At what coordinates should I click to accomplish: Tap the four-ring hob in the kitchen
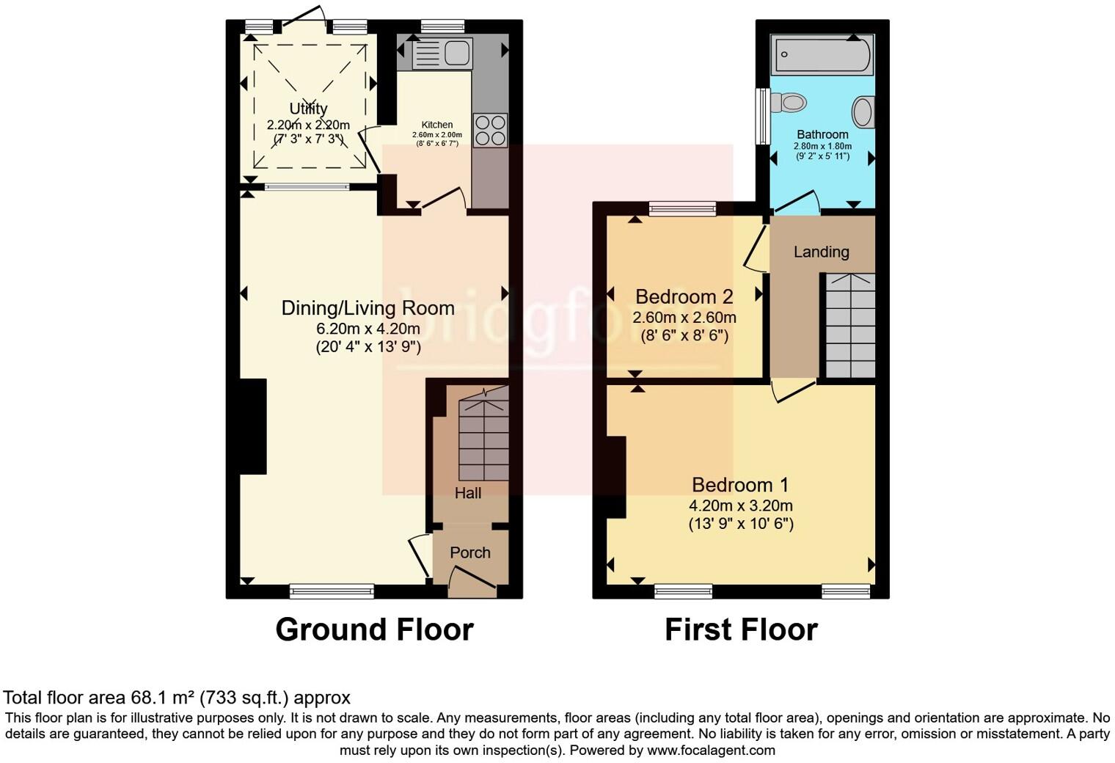click(x=490, y=130)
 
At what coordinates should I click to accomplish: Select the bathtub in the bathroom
click(x=822, y=55)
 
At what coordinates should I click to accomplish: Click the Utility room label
click(x=308, y=109)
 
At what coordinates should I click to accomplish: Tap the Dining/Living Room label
click(x=368, y=308)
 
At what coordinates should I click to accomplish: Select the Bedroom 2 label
click(x=684, y=296)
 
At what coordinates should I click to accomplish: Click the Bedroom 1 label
click(x=740, y=485)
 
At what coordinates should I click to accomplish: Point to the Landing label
click(x=821, y=252)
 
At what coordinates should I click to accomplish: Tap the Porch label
click(x=469, y=552)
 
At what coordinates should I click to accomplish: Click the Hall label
click(x=467, y=493)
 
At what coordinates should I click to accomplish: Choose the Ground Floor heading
click(x=374, y=629)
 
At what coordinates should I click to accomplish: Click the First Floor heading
click(x=741, y=629)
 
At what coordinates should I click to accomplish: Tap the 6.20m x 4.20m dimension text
click(x=368, y=329)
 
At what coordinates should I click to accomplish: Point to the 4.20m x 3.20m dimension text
click(x=740, y=505)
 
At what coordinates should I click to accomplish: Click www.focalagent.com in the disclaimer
click(x=711, y=751)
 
